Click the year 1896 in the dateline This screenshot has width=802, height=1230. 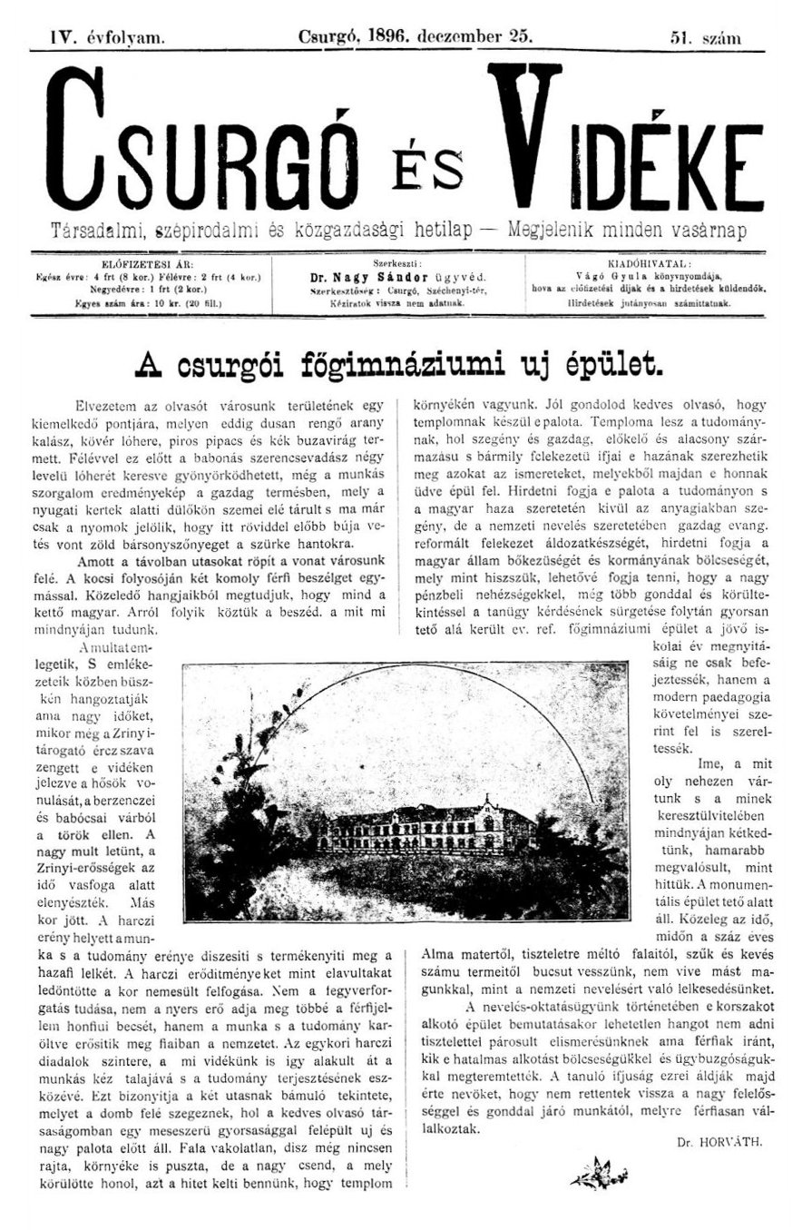385,36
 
